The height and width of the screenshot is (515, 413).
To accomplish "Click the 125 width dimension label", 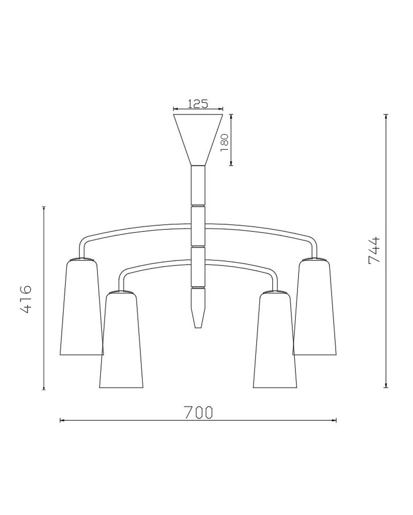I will pos(198,103).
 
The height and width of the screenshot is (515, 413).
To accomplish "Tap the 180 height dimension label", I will pos(224,143).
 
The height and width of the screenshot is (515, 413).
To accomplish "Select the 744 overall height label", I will pos(374,250).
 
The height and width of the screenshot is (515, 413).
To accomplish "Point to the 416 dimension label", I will pos(26,299).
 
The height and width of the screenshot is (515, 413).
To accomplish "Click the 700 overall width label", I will pos(198,412).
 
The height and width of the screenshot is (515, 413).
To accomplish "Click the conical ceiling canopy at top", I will pos(198,136).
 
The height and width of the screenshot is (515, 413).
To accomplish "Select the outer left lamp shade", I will pos(81,309).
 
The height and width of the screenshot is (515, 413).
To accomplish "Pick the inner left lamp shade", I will pos(121,342).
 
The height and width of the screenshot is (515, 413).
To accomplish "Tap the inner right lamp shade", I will pos(275,342).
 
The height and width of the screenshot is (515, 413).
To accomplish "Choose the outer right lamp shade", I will pos(315,309).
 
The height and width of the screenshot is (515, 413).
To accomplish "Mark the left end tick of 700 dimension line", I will pos(61,420).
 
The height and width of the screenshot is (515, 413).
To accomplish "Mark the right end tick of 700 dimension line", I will pos(336,420).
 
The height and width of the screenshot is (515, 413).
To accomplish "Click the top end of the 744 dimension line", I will pos(386,114).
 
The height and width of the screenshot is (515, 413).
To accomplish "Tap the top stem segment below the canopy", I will pos(198,185).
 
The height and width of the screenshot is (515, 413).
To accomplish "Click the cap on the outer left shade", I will pos(82,259).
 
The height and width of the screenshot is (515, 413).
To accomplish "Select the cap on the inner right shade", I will pos(275,292).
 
